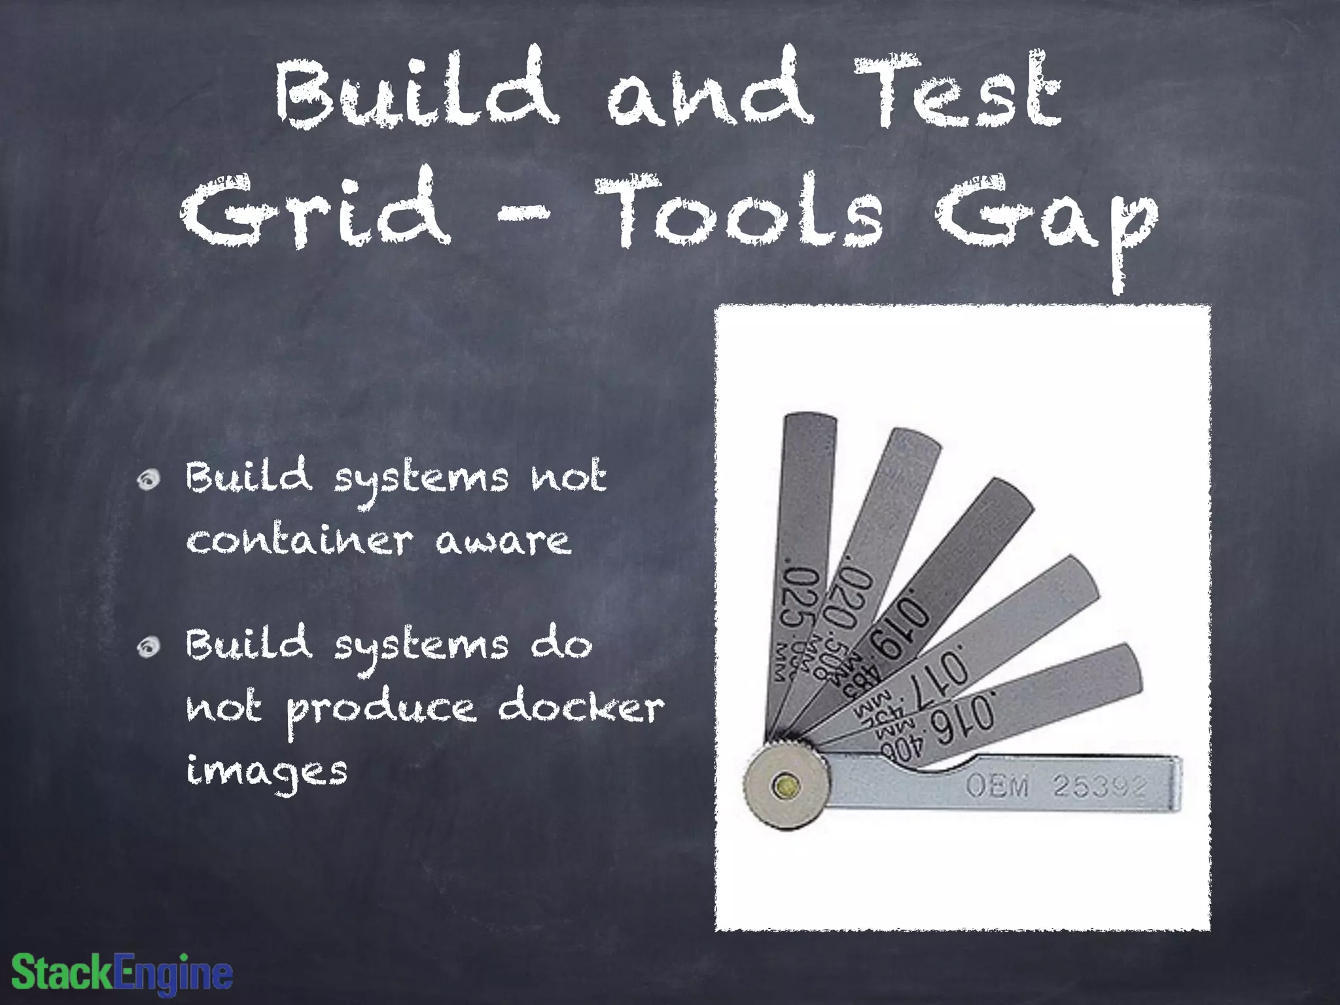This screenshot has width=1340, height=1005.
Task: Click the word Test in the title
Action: (x=958, y=92)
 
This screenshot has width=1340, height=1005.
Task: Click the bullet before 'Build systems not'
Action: (x=149, y=480)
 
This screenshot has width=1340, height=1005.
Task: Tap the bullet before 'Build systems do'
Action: (x=149, y=646)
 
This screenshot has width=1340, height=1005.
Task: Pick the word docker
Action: (x=581, y=707)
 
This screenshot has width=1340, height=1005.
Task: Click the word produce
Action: (x=381, y=711)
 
